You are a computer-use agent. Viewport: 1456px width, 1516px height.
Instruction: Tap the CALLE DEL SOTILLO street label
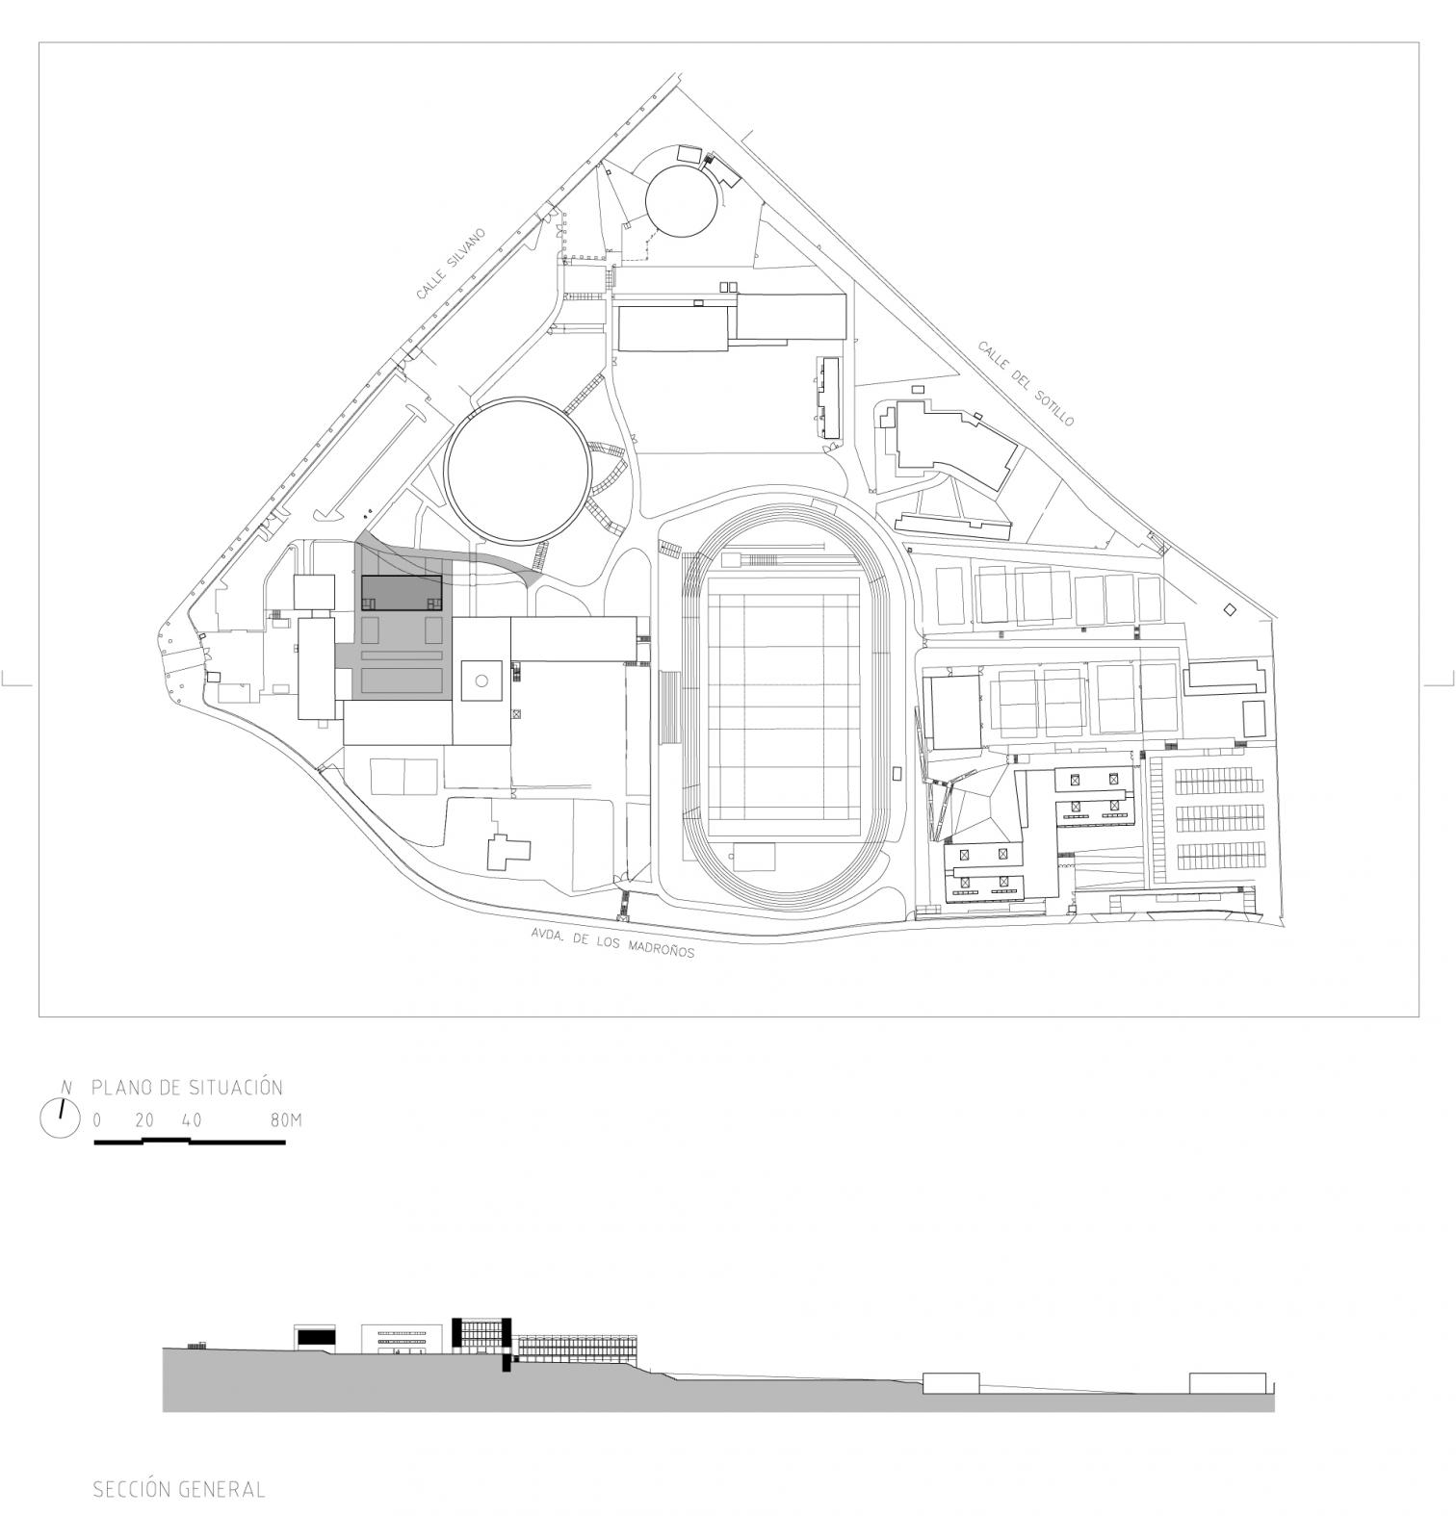point(1026,383)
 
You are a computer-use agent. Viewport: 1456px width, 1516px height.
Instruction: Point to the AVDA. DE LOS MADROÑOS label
point(612,943)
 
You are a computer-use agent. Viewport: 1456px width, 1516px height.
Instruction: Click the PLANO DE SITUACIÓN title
point(187,1088)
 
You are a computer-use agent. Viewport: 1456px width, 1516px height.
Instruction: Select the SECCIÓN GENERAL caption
point(179,1489)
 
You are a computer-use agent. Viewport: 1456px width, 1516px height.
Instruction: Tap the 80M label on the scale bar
point(286,1120)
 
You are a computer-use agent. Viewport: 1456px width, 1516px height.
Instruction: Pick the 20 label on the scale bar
point(144,1120)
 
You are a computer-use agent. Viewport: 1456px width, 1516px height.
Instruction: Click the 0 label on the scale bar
point(96,1120)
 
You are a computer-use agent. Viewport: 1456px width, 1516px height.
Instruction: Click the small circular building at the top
point(684,202)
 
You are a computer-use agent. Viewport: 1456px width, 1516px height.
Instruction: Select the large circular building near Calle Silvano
point(517,469)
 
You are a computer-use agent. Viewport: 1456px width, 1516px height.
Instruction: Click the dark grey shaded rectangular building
point(402,593)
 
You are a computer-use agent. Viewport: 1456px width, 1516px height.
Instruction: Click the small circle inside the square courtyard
point(481,681)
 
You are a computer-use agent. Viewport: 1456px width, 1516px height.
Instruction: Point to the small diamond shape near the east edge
point(1230,609)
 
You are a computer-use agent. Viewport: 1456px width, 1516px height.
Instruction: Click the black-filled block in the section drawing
point(314,1336)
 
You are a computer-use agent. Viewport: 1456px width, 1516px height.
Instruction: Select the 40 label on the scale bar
point(192,1120)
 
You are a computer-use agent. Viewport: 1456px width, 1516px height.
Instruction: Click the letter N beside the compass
point(66,1088)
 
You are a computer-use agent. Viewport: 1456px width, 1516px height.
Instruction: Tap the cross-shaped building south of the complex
point(507,851)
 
